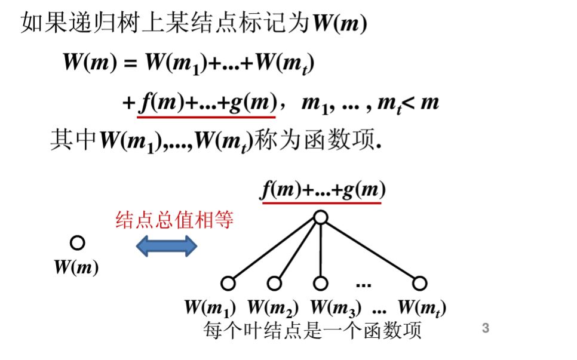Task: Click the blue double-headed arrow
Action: coord(167,245)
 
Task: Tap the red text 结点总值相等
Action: coord(174,221)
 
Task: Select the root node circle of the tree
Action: coord(321,218)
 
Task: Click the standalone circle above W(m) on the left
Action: coord(77,242)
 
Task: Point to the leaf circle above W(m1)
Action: coord(227,283)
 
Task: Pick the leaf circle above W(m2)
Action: coord(274,283)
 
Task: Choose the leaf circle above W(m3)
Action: coord(321,283)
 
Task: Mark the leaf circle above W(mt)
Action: coord(420,283)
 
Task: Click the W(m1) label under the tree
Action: coord(210,308)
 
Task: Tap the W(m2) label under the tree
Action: coord(273,308)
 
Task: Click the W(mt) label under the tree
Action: coord(422,308)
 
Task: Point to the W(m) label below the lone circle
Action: coord(76,267)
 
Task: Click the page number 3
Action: coord(485,328)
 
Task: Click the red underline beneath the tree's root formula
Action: coord(322,202)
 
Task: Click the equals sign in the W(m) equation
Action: coord(130,64)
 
